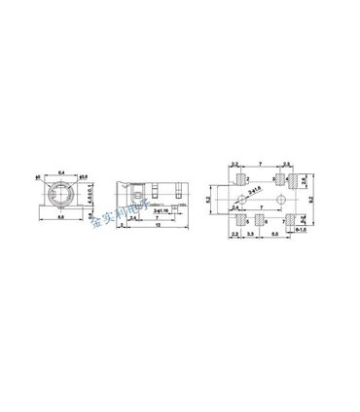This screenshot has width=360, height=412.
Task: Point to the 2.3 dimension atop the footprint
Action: coord(289,164)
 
